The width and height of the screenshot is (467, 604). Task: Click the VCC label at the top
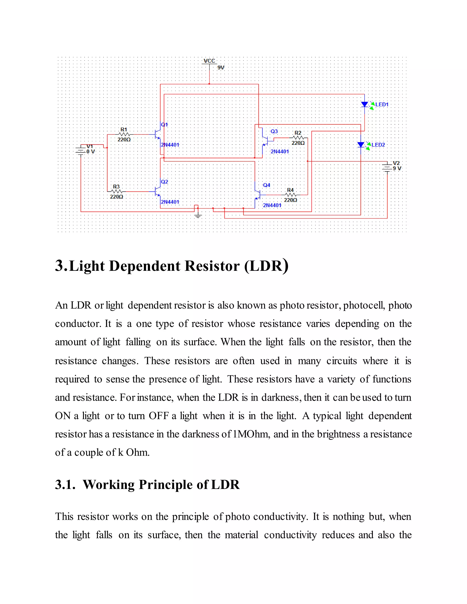[209, 61]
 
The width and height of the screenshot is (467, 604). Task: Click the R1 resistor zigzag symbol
[124, 134]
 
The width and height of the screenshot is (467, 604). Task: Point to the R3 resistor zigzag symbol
[116, 191]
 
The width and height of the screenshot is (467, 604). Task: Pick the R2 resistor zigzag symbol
[298, 138]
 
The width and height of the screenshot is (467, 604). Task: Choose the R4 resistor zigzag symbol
[290, 195]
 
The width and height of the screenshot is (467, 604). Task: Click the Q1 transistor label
[164, 125]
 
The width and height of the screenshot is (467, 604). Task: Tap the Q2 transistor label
[164, 182]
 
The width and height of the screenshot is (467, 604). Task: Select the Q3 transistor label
[274, 131]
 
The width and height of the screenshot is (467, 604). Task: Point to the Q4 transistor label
[266, 185]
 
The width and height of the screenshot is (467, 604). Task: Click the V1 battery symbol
[80, 150]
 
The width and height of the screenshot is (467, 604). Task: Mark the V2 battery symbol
[387, 167]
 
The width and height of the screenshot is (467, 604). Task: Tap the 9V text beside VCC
[221, 67]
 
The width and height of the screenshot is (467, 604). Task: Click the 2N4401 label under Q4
[272, 205]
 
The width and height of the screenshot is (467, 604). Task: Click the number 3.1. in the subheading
[65, 485]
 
